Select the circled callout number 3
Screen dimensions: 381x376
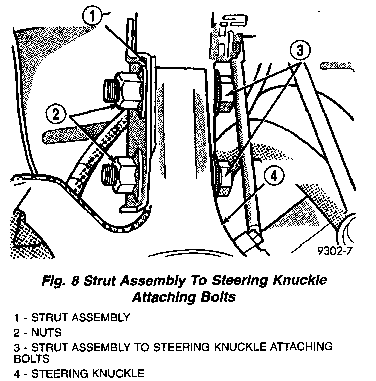[x=300, y=51]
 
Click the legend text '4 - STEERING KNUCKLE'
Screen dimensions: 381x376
[x=79, y=373]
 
